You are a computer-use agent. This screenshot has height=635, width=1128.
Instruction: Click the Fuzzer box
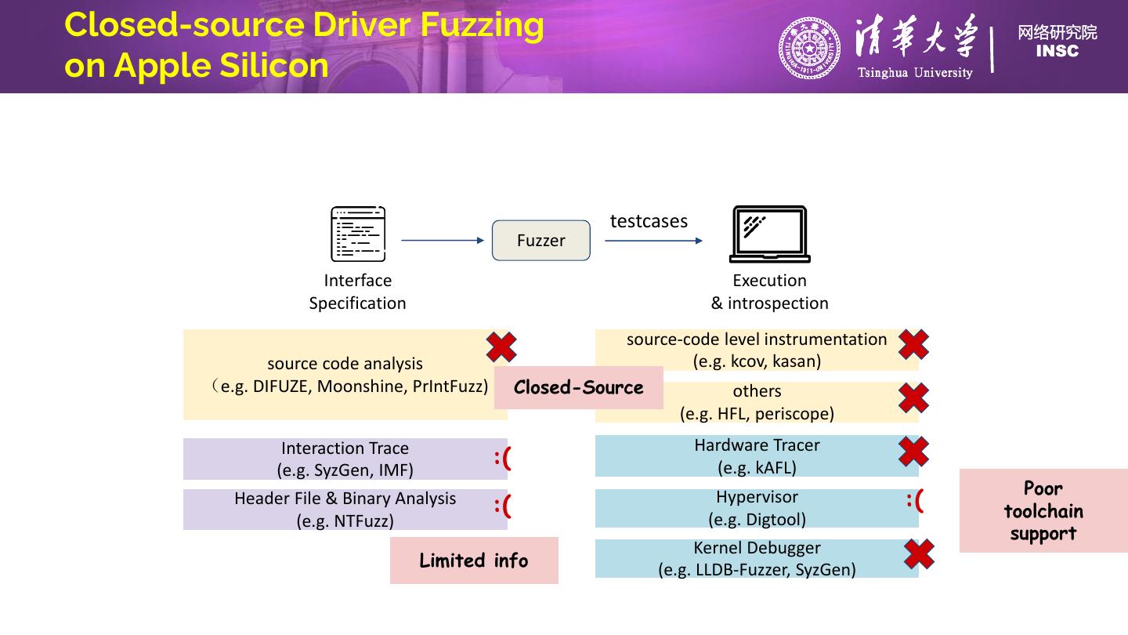(x=540, y=241)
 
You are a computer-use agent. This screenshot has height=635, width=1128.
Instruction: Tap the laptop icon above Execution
(x=769, y=234)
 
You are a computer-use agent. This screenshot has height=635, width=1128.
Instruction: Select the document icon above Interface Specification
(x=358, y=234)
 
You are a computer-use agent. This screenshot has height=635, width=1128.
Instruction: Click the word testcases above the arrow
(x=649, y=221)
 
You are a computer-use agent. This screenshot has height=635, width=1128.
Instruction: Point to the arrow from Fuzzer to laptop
(x=653, y=241)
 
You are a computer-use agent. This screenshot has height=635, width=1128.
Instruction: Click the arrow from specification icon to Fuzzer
(x=443, y=241)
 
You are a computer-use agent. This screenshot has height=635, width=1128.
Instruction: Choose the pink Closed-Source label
(x=578, y=387)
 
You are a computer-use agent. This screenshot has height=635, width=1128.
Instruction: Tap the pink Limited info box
(x=474, y=561)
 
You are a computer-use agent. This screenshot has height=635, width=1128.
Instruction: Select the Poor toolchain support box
(x=1043, y=511)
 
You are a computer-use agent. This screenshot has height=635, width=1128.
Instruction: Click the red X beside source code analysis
(x=501, y=347)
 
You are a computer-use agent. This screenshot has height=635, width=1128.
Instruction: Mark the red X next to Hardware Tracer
(x=913, y=452)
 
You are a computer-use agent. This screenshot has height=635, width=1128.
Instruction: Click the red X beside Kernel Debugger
(x=919, y=554)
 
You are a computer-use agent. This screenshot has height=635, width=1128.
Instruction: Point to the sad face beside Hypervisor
(x=915, y=499)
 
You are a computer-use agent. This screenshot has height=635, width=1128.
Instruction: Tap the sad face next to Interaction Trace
(x=503, y=458)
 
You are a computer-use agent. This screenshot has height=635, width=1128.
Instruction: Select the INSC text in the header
(x=1057, y=52)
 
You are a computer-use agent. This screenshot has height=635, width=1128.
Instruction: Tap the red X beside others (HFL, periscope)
(x=913, y=397)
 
